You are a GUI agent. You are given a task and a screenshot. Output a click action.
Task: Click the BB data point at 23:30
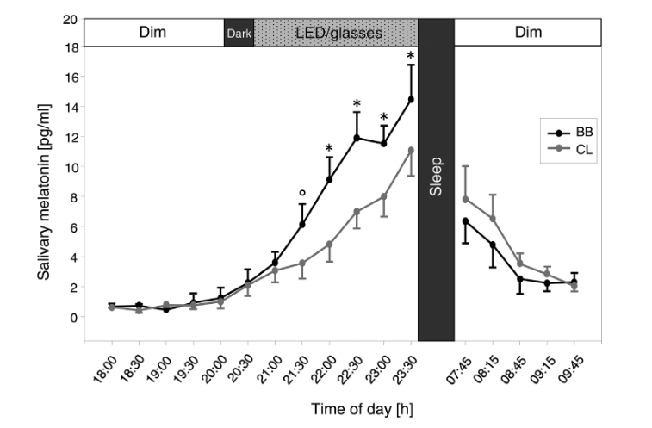(411, 99)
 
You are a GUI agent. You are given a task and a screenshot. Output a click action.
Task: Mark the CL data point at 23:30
(411, 151)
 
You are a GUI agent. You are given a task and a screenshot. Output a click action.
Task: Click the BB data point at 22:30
(357, 138)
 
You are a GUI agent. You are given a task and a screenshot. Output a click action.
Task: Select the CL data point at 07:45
(466, 199)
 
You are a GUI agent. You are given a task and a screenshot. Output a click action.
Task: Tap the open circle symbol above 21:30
(301, 192)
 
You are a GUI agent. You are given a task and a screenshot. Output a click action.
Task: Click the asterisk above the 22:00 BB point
(329, 147)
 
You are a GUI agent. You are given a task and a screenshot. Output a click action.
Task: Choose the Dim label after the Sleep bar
(527, 33)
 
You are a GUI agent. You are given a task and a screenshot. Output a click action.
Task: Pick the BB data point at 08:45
(520, 279)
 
